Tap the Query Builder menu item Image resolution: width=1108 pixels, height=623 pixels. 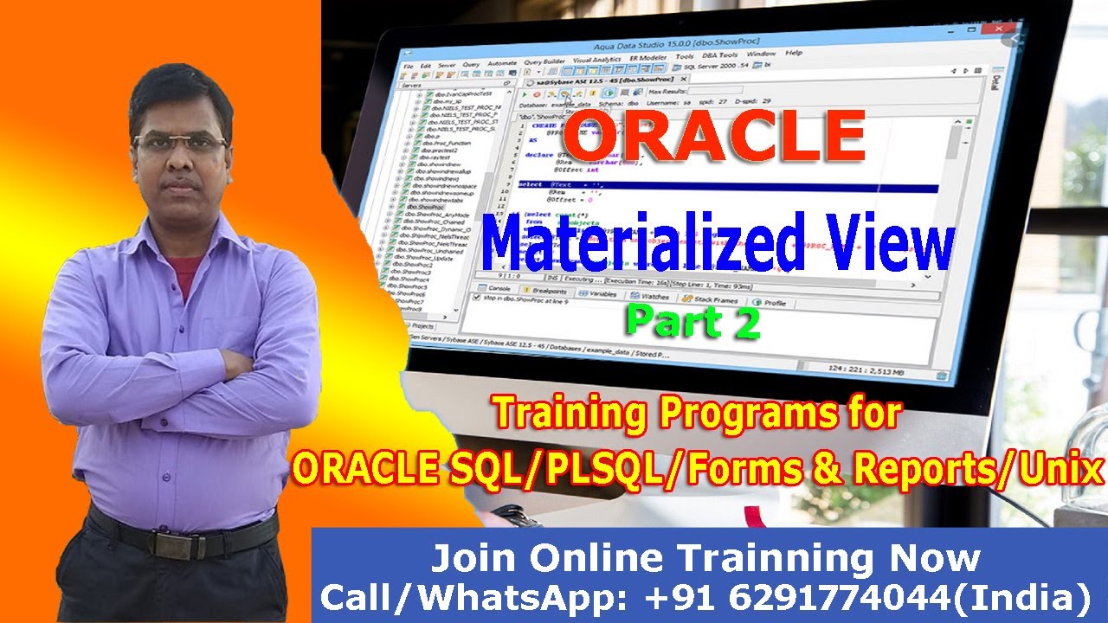pyautogui.click(x=544, y=61)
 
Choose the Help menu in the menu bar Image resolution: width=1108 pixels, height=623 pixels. pyautogui.click(x=794, y=53)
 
